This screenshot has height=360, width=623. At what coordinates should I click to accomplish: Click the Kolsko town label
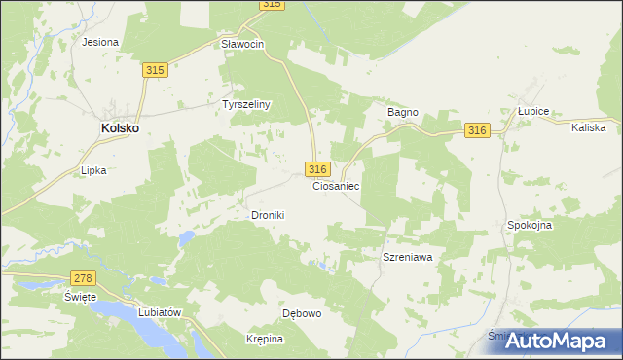(x=121, y=127)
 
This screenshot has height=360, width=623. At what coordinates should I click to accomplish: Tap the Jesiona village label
(x=100, y=42)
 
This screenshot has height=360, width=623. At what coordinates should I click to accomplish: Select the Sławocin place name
(x=242, y=45)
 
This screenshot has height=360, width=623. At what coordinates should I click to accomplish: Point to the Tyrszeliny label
(x=246, y=103)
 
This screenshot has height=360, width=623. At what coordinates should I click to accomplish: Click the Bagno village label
(x=403, y=112)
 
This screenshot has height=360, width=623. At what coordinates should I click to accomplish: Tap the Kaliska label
(x=589, y=127)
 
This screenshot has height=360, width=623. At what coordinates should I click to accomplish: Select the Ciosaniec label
(x=337, y=185)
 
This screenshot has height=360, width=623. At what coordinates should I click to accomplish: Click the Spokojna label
(x=530, y=225)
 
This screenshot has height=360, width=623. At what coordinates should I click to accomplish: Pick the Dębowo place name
(x=302, y=314)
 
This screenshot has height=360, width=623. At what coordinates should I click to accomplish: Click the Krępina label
(x=265, y=339)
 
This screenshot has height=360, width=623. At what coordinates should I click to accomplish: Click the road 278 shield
(x=84, y=278)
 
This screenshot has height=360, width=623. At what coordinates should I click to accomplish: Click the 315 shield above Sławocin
(x=272, y=5)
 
